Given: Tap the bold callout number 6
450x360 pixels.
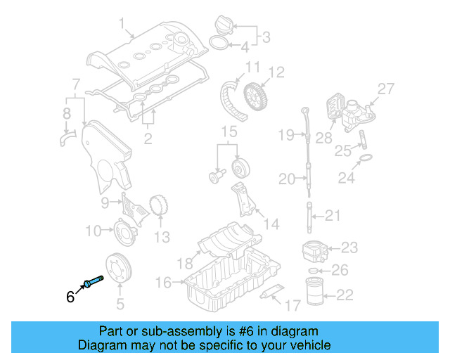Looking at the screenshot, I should (70, 297).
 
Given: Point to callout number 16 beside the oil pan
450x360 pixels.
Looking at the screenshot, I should (162, 282).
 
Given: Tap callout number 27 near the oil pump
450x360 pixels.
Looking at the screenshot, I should (386, 88).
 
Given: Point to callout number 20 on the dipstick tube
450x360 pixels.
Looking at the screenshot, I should (287, 180).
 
